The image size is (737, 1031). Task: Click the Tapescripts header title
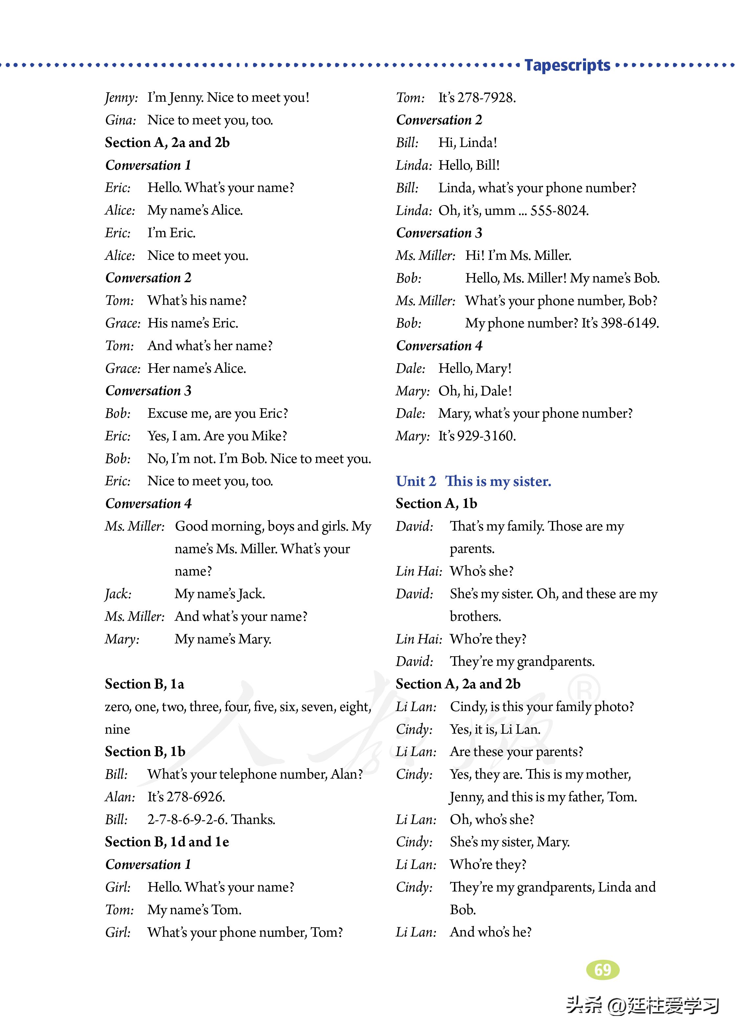[567, 65]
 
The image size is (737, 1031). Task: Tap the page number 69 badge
[603, 969]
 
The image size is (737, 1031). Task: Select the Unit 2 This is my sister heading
[473, 481]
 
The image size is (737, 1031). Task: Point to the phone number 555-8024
[559, 210]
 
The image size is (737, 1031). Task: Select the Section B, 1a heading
[144, 684]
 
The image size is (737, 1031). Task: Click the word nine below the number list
[117, 729]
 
